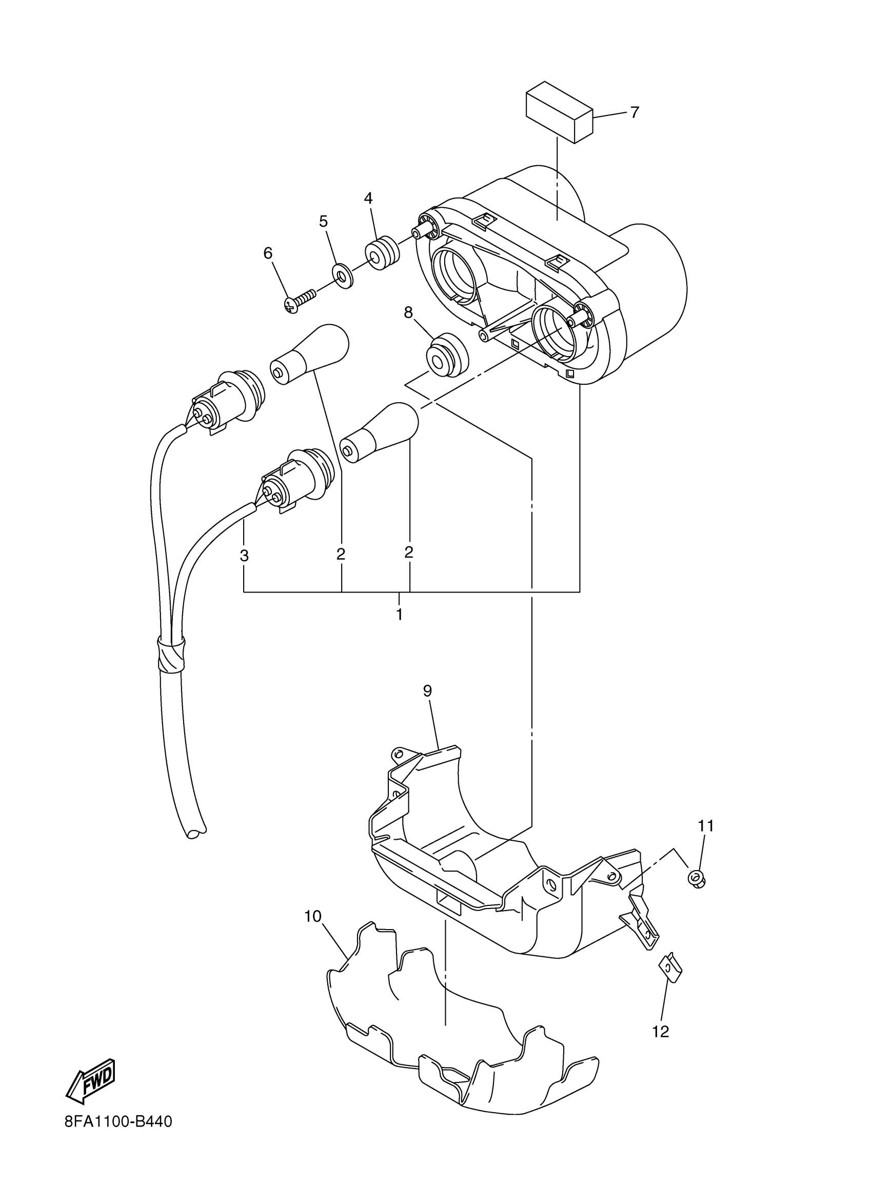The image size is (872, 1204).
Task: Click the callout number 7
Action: pyautogui.click(x=635, y=112)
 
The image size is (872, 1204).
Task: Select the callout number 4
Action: pyautogui.click(x=368, y=199)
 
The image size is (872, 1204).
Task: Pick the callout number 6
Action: pyautogui.click(x=268, y=254)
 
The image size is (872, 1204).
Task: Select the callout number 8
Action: pyautogui.click(x=408, y=313)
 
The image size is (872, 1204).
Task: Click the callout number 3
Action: pyautogui.click(x=244, y=556)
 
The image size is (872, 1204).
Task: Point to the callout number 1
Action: pyautogui.click(x=399, y=615)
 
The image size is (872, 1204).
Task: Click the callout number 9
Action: pyautogui.click(x=427, y=690)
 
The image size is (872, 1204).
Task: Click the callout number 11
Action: pyautogui.click(x=706, y=826)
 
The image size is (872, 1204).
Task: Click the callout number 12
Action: pyautogui.click(x=661, y=1032)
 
